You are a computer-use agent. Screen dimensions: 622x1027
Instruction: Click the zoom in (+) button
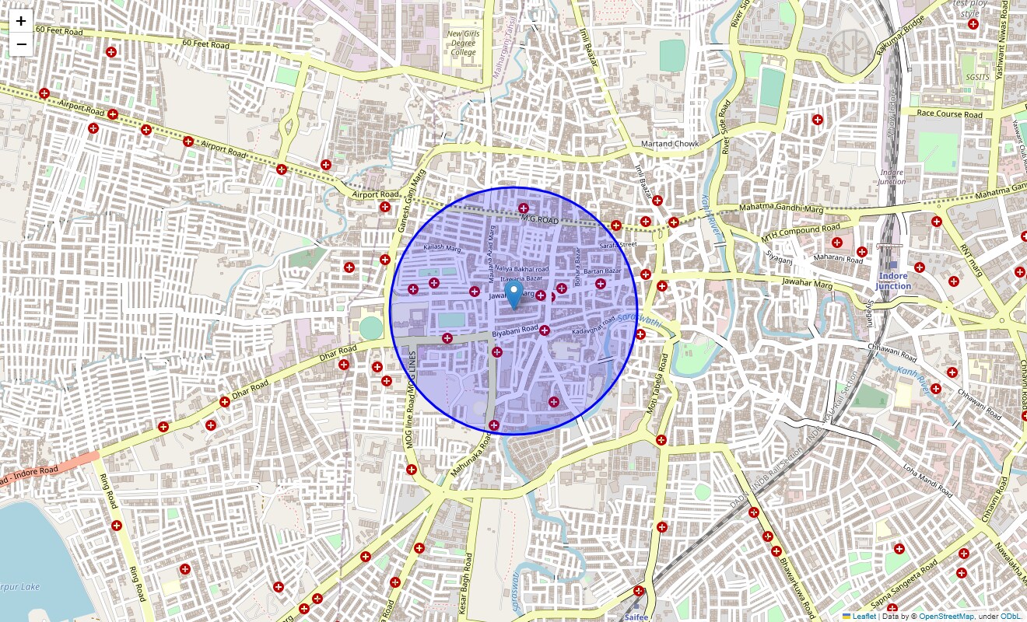pyautogui.click(x=21, y=21)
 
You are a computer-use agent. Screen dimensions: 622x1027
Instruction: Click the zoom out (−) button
pyautogui.click(x=21, y=44)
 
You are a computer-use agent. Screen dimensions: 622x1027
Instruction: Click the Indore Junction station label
pyautogui.click(x=892, y=281)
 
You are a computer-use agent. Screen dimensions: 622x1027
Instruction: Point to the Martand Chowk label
pyautogui.click(x=670, y=144)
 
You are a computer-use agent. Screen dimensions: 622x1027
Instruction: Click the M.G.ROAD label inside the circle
pyautogui.click(x=540, y=220)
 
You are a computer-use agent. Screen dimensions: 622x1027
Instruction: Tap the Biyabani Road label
pyautogui.click(x=515, y=331)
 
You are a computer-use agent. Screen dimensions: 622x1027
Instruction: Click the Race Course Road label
pyautogui.click(x=949, y=114)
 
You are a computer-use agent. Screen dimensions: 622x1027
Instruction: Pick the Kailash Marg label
pyautogui.click(x=442, y=248)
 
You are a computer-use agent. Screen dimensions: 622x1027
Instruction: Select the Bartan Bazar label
pyautogui.click(x=603, y=271)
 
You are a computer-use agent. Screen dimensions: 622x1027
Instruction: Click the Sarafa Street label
pyautogui.click(x=619, y=245)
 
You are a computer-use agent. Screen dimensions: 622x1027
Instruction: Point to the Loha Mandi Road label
pyautogui.click(x=927, y=481)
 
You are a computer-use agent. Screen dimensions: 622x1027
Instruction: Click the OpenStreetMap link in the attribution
pyautogui.click(x=946, y=617)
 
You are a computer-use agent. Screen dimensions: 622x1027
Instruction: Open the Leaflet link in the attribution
pyautogui.click(x=864, y=617)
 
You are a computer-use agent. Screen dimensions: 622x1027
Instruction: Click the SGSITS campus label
pyautogui.click(x=975, y=77)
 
